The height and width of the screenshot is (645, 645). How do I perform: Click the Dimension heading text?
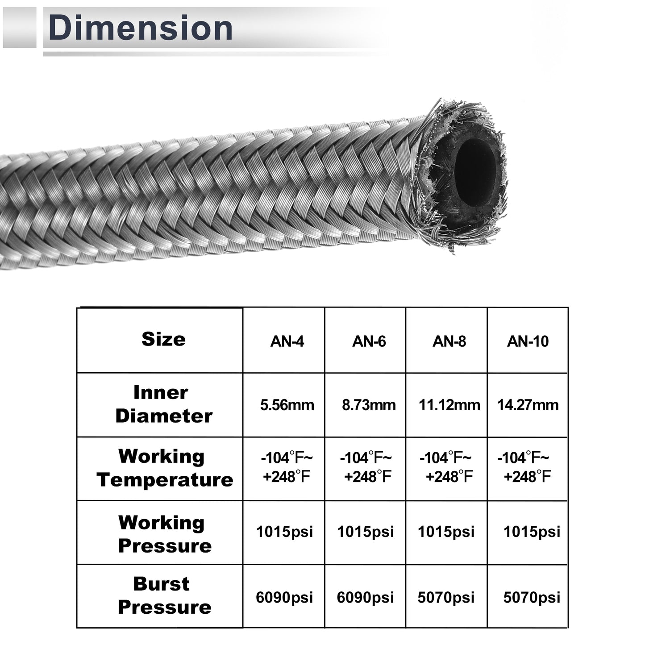(141, 28)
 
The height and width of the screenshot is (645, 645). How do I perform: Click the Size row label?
(163, 339)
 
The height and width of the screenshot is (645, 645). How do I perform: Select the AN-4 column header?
(287, 341)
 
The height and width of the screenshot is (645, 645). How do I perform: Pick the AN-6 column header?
(369, 341)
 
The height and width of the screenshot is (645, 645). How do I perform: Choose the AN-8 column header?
(449, 341)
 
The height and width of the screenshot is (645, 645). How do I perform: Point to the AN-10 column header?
(528, 341)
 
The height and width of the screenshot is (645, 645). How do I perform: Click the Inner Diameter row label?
(164, 404)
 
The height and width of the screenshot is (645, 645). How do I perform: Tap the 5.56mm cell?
(287, 405)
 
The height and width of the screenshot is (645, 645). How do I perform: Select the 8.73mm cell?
(369, 405)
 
